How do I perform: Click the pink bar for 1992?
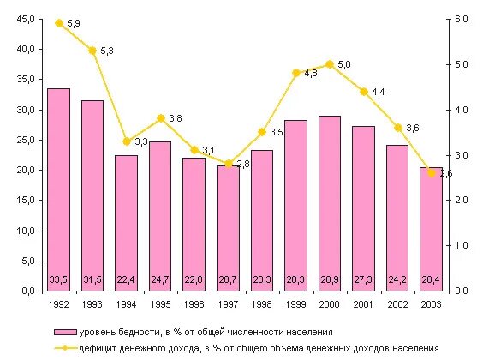tap(58, 189)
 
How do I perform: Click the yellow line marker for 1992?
tap(58, 23)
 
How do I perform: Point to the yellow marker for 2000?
tap(330, 64)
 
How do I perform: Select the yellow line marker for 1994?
tap(126, 141)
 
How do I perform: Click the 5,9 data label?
tap(73, 23)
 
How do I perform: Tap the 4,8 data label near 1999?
tap(310, 74)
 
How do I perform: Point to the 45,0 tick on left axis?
tap(25, 20)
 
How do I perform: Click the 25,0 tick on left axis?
tap(25, 140)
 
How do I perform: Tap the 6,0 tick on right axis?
tap(461, 20)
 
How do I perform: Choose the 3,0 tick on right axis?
tap(461, 155)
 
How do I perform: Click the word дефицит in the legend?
tap(98, 347)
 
